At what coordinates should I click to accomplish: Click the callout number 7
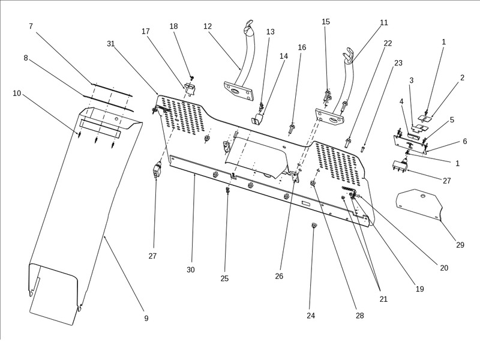coord(31,26)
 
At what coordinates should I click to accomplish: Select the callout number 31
coord(110,44)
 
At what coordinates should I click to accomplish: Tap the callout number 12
coord(208,26)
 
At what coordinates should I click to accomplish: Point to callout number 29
coord(460,245)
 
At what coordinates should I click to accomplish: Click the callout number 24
coord(311,316)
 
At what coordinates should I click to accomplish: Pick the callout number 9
coord(146,318)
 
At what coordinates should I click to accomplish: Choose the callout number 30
coord(190,270)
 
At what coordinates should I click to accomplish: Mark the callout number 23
coord(398,62)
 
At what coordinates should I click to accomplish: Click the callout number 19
coord(419,289)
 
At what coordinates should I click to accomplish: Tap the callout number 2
coord(462,78)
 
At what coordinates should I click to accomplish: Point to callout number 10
coord(17,93)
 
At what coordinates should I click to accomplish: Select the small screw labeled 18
coord(191,78)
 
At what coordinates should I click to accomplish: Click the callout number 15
coord(326,22)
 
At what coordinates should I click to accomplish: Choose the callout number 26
coord(279,276)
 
